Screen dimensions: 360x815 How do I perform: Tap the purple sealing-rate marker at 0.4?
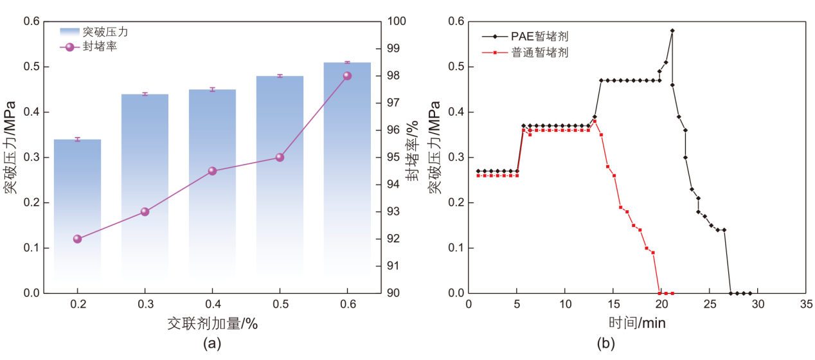(x=212, y=171)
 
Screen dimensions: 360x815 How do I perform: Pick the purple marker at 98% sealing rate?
(x=347, y=76)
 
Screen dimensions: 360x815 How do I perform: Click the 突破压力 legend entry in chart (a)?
(x=96, y=31)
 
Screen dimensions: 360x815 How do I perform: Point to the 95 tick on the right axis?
(x=394, y=157)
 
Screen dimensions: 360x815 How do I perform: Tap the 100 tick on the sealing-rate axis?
(x=396, y=21)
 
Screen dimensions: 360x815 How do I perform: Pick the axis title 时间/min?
(x=637, y=323)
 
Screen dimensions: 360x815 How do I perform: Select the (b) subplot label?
(x=606, y=344)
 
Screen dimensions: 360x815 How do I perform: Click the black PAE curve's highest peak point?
(x=672, y=30)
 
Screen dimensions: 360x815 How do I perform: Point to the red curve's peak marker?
(x=595, y=121)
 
